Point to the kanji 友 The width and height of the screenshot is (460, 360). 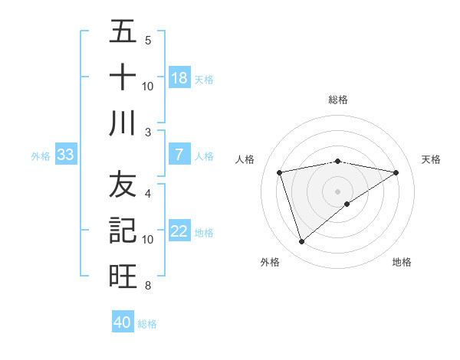pyautogui.click(x=123, y=185)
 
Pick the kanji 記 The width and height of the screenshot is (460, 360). pyautogui.click(x=123, y=229)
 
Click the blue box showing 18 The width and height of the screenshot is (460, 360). pyautogui.click(x=179, y=78)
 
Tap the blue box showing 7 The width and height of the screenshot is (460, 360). pyautogui.click(x=179, y=155)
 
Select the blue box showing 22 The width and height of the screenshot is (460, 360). pyautogui.click(x=179, y=232)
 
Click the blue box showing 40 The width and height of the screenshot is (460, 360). pyautogui.click(x=122, y=322)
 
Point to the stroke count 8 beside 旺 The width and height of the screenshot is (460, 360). pyautogui.click(x=147, y=286)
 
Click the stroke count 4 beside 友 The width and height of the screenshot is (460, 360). pyautogui.click(x=147, y=194)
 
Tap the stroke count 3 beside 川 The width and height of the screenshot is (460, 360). pyautogui.click(x=147, y=133)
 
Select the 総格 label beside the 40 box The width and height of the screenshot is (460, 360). pyautogui.click(x=147, y=324)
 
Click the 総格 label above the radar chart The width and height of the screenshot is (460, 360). pyautogui.click(x=337, y=100)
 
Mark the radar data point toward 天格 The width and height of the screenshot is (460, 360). pyautogui.click(x=396, y=172)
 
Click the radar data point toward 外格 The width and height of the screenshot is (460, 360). pyautogui.click(x=301, y=242)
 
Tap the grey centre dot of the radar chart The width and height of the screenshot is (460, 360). pyautogui.click(x=337, y=191)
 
